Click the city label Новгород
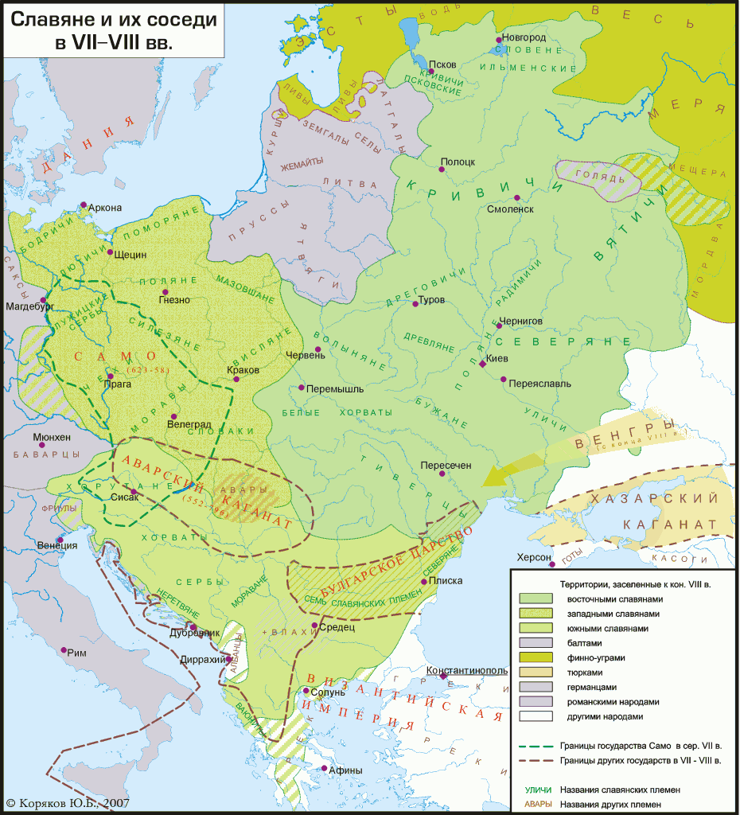click(524, 37)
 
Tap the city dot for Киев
click(483, 364)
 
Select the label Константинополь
click(466, 671)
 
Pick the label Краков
click(243, 371)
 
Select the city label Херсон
click(533, 557)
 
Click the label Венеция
click(57, 546)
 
